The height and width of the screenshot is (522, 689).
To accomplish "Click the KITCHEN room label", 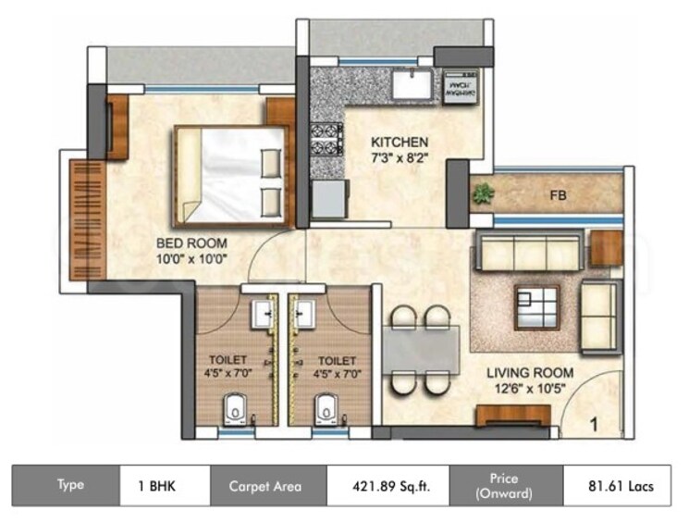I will [x=399, y=142].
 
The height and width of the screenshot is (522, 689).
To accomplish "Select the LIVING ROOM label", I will [x=531, y=373].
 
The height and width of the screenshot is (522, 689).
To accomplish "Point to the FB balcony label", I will [x=558, y=195].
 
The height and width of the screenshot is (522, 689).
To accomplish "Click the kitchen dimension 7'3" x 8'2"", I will [x=399, y=157].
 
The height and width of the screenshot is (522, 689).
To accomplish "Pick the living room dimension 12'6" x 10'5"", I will [x=531, y=389].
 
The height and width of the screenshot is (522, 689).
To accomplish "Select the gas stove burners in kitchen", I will [x=327, y=138].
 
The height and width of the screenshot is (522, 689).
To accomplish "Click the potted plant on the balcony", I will [x=483, y=194].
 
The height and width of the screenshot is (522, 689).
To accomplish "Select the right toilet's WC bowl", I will [x=325, y=406].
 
